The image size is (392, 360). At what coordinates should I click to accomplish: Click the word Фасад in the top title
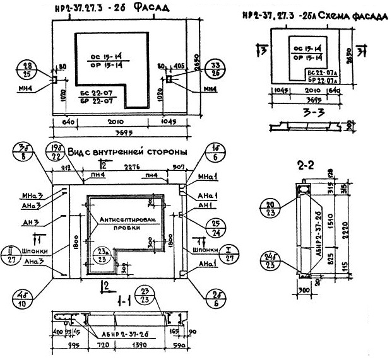click(x=148, y=9)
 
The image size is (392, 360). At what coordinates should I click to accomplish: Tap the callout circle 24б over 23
click(x=272, y=259)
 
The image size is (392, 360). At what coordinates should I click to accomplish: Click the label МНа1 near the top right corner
click(x=206, y=175)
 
